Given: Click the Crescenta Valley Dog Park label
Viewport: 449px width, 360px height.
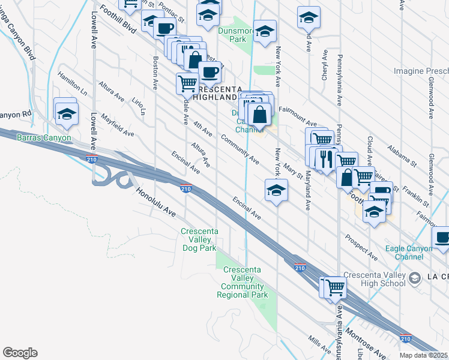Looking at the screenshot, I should click(x=199, y=239).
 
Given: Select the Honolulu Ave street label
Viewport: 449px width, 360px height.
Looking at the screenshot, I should click(x=155, y=204).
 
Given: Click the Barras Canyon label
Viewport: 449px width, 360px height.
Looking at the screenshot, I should click(x=44, y=138).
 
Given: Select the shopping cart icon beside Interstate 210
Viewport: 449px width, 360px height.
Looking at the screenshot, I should click(x=334, y=287).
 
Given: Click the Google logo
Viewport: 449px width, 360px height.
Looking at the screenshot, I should click(x=20, y=353).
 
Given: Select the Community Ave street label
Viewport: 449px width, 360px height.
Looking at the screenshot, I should click(x=240, y=149).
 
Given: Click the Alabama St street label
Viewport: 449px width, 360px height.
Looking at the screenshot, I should click(x=402, y=154).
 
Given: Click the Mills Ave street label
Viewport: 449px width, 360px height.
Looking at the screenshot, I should click(x=320, y=344).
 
